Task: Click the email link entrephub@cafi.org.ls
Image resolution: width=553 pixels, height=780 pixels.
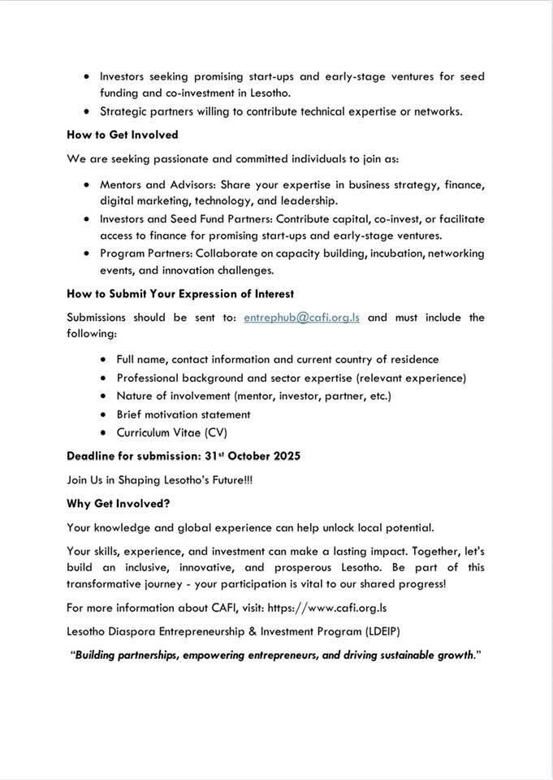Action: tap(301, 318)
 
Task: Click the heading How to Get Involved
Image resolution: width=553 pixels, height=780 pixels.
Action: tap(122, 134)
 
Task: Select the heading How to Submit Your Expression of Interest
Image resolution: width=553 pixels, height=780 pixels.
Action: tap(180, 293)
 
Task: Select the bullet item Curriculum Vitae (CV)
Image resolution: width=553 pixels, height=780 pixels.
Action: tap(172, 432)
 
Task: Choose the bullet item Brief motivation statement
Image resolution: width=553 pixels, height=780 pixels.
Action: tap(183, 414)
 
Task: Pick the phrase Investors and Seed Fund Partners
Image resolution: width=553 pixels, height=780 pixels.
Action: tap(185, 219)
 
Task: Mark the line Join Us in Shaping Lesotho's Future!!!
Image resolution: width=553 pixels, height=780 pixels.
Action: tap(159, 480)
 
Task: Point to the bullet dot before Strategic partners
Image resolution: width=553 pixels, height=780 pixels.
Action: tap(86, 111)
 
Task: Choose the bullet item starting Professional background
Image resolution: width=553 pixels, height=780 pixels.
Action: tap(291, 378)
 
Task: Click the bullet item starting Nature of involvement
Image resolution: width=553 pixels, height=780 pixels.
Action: tap(253, 396)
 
